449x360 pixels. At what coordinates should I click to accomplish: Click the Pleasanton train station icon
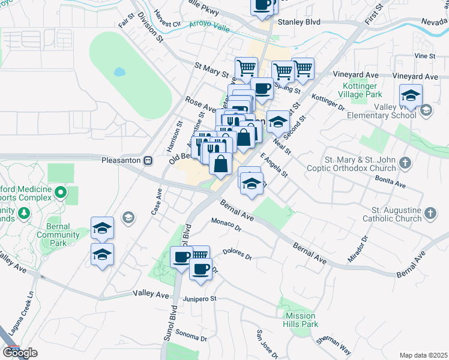147,161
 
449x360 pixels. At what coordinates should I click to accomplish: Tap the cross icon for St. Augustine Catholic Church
430,213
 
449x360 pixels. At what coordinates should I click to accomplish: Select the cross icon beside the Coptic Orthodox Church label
406,163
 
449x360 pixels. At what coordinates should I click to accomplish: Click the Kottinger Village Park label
360,90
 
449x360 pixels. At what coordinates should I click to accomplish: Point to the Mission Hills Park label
301,320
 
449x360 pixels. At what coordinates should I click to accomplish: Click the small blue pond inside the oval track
119,72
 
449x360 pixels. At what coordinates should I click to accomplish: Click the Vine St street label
424,56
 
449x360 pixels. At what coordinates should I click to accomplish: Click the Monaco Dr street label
226,225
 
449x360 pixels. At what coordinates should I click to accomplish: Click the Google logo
20,353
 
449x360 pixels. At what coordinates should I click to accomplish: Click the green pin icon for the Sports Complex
60,193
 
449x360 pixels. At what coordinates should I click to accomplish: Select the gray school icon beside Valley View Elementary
426,110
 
